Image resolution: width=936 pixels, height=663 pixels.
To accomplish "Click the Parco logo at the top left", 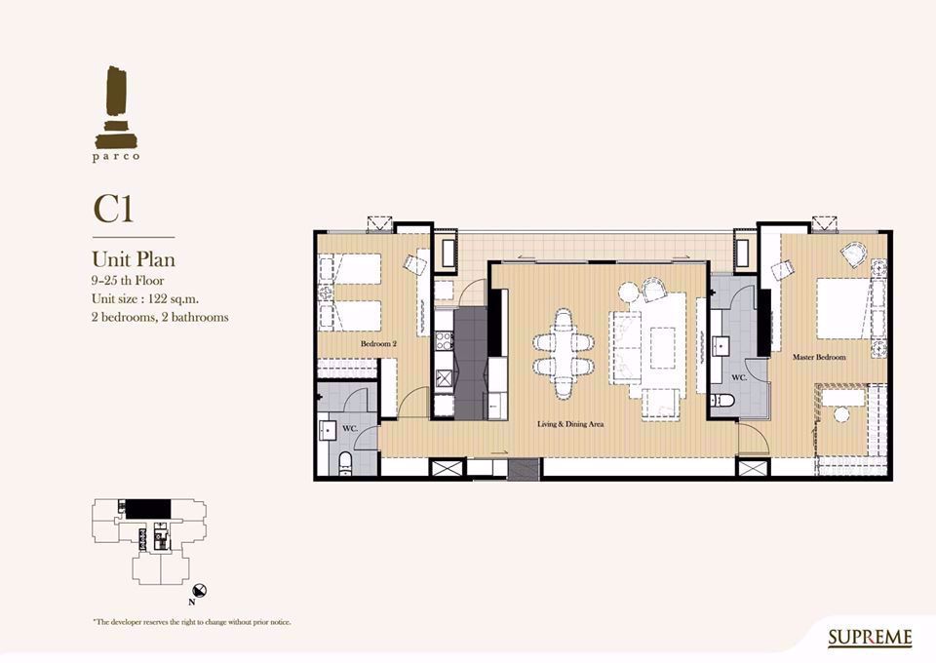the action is click(116, 113).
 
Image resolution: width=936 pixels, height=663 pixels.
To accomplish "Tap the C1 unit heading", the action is click(113, 209).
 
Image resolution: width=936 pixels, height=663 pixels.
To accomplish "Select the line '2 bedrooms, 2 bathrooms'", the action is click(160, 317).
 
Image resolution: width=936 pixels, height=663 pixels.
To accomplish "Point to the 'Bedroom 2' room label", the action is click(378, 344).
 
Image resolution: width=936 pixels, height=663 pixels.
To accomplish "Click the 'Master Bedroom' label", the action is click(819, 357).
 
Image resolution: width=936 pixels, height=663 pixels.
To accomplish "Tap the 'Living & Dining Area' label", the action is click(570, 424).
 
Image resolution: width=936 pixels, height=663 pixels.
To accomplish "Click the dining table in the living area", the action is click(564, 353).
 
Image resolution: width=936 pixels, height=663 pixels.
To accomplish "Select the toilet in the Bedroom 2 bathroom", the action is click(345, 464).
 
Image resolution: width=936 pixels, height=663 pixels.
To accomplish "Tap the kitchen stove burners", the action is click(444, 340).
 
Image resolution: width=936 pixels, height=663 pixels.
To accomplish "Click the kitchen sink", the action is click(444, 379).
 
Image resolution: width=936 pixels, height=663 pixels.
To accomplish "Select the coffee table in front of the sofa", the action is click(662, 348).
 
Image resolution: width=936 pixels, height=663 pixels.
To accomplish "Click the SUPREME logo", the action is click(870, 638).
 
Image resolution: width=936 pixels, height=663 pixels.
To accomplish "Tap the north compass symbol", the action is click(202, 591).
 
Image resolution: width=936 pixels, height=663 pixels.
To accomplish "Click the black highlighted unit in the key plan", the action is click(148, 509).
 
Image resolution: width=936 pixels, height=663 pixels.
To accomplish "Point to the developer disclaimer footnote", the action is click(192, 622).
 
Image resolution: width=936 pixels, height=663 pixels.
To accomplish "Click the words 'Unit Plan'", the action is click(134, 259).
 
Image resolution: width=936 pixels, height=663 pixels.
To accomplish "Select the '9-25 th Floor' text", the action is click(128, 281).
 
